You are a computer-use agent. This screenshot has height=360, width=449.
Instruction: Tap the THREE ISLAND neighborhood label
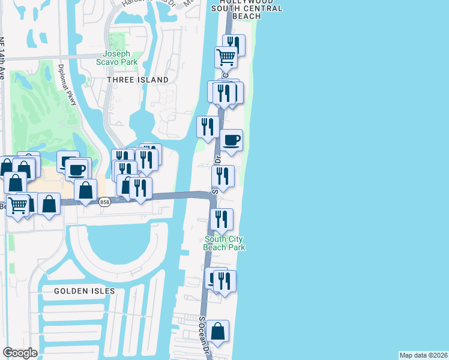click(x=137, y=80)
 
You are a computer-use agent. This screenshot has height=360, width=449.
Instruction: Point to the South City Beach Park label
click(x=224, y=243)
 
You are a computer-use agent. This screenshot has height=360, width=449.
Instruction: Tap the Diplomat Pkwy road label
click(x=67, y=85)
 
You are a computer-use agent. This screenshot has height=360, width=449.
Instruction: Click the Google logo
click(x=20, y=353)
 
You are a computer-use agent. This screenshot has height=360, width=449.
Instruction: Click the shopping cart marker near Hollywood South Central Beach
click(x=226, y=58)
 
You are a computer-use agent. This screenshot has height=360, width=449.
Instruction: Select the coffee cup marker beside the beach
click(x=231, y=140)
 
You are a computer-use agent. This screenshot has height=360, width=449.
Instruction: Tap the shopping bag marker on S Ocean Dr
click(x=217, y=331)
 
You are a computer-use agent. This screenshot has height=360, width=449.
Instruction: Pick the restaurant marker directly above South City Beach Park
click(x=222, y=220)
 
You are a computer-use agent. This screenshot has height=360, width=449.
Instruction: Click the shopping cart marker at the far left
click(x=18, y=206)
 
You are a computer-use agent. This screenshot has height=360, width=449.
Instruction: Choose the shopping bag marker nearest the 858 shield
click(x=86, y=190)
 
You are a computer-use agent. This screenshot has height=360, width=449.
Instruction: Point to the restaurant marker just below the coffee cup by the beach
click(x=222, y=176)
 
